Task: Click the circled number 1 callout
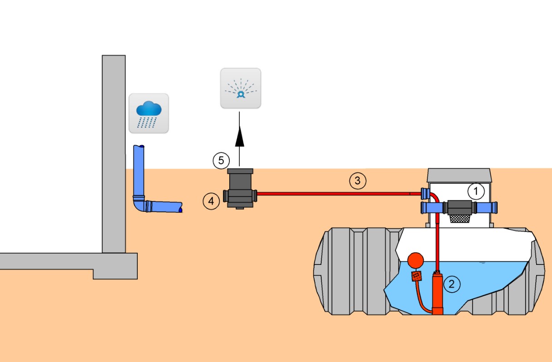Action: tap(476, 191)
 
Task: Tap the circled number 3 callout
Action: tap(357, 181)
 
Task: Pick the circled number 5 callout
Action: tap(221, 160)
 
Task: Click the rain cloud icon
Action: tap(149, 113)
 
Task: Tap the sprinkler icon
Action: tap(241, 88)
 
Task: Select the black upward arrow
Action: tap(240, 139)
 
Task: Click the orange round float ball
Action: tap(415, 260)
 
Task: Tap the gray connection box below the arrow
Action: tap(240, 188)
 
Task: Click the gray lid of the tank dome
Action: tap(460, 175)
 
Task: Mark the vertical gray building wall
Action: tap(113, 150)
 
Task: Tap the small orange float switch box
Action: tap(415, 276)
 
